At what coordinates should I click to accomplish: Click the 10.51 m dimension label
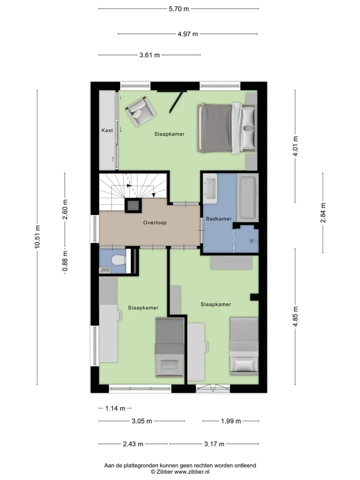(x=37, y=236)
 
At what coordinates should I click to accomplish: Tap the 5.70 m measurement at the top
(x=179, y=9)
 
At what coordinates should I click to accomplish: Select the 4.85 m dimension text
(x=295, y=316)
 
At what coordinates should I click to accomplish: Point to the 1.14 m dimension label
(x=115, y=408)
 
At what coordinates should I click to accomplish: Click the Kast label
(x=107, y=130)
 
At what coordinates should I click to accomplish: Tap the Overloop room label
(x=155, y=222)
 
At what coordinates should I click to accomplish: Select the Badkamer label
(x=218, y=219)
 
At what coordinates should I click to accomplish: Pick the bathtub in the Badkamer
(x=247, y=196)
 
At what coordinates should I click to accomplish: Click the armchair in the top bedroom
(x=141, y=111)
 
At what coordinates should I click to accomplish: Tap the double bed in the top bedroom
(x=226, y=128)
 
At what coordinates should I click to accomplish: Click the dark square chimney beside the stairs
(x=133, y=205)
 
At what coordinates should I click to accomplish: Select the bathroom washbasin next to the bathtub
(x=210, y=188)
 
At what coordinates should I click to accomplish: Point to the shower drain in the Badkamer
(x=252, y=240)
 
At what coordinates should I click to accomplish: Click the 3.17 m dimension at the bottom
(x=214, y=444)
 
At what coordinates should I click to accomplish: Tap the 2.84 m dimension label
(x=323, y=213)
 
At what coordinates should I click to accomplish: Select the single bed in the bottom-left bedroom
(x=170, y=347)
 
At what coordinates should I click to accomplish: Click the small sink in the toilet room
(x=105, y=269)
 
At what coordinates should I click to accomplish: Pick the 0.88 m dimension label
(x=65, y=261)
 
